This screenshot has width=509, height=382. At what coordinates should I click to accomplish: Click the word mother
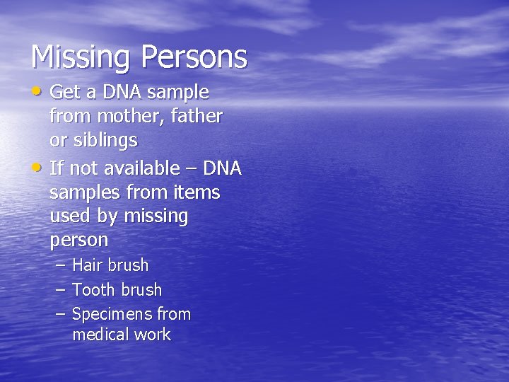tap(124, 116)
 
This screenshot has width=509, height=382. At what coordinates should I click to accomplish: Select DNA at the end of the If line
tap(222, 168)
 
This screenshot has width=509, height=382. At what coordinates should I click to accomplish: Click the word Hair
tap(88, 266)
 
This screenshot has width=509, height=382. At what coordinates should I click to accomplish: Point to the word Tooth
tap(94, 290)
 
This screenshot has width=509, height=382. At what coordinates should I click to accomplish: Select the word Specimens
tap(112, 314)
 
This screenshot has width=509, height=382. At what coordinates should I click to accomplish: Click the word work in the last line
tap(154, 335)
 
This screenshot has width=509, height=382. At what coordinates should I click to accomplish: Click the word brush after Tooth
tap(141, 290)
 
